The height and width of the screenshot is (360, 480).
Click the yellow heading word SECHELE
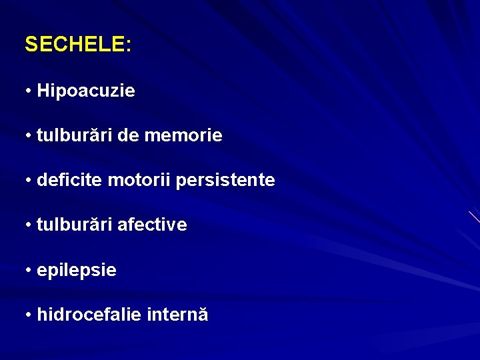74,45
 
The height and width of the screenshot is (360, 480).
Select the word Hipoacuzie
86,91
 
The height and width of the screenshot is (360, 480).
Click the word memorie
183,135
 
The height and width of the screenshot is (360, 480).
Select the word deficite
70,180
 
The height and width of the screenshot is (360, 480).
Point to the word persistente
225,180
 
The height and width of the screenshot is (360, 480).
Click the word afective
152,225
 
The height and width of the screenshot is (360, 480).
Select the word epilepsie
77,270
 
